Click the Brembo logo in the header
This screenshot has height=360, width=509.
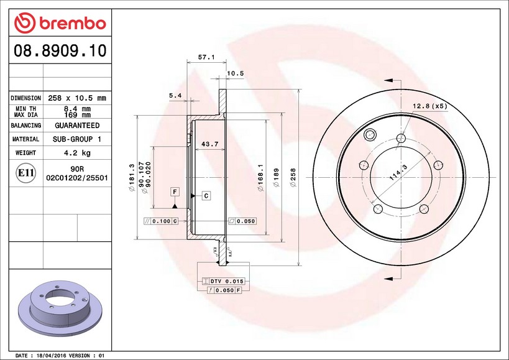(60, 23)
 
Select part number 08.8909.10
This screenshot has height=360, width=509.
(60, 50)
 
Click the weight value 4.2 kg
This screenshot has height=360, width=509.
(77, 152)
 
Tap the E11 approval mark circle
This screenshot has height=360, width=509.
(25, 173)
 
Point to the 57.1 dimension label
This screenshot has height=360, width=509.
(206, 57)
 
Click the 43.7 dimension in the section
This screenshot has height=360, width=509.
(209, 144)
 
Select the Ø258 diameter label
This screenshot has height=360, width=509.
(293, 177)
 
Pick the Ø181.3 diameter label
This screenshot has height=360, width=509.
(132, 177)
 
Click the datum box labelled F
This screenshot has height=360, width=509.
(175, 192)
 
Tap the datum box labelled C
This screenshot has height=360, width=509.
(206, 196)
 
